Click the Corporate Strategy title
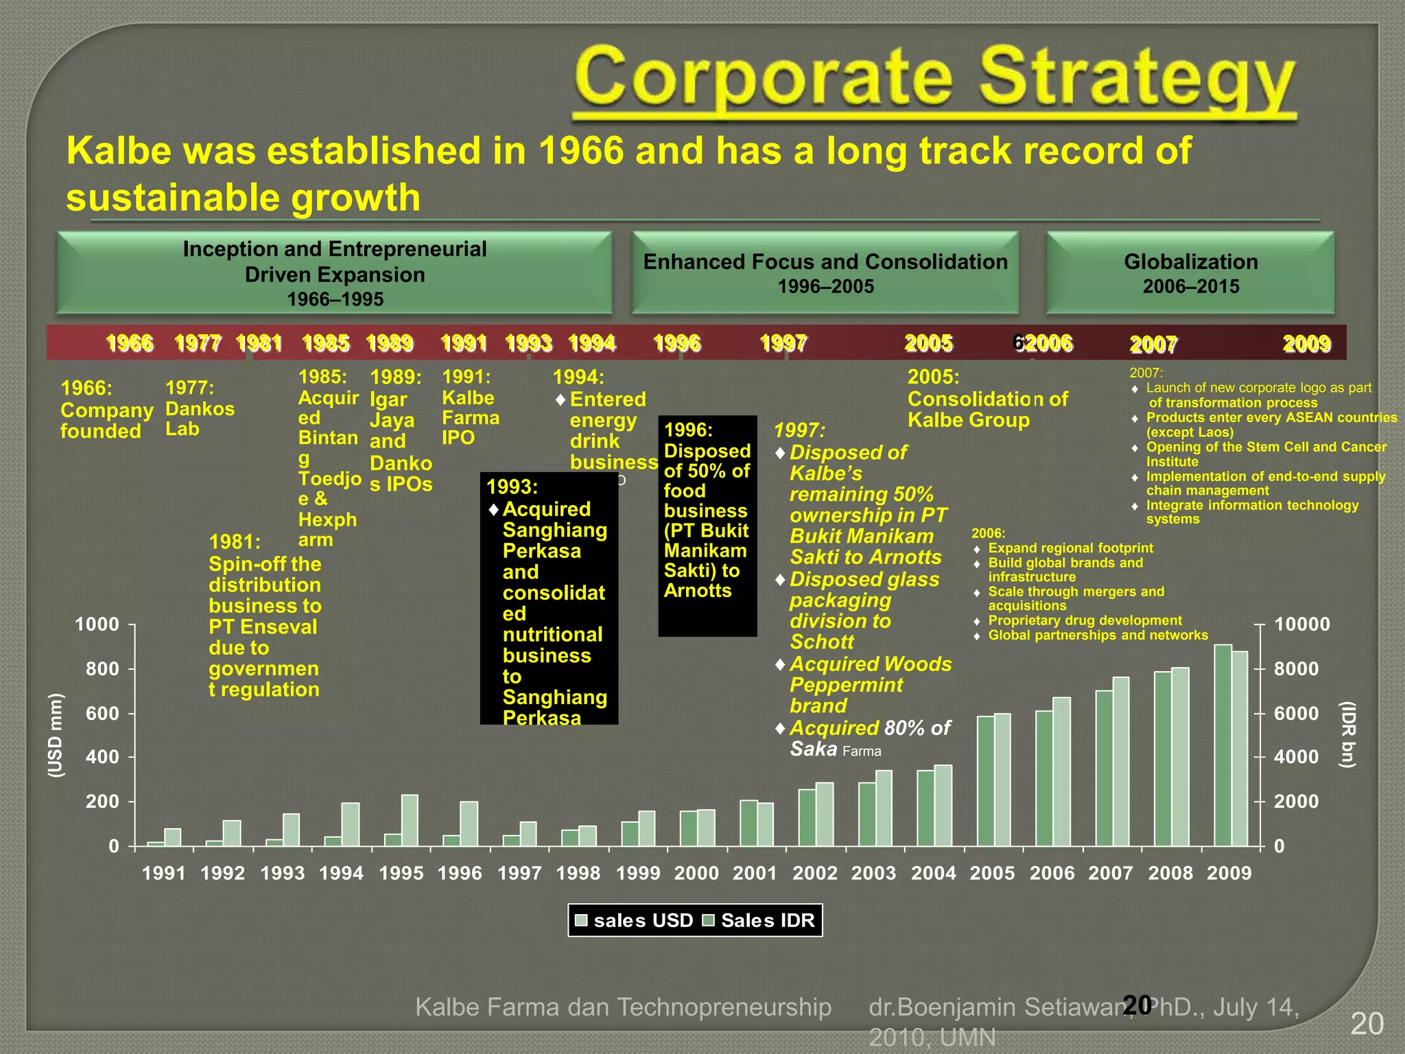(x=934, y=82)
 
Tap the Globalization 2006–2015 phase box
(x=1190, y=272)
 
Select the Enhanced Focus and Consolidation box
(x=825, y=272)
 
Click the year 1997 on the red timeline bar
(x=783, y=342)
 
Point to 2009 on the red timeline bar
(x=1307, y=343)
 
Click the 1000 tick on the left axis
(x=97, y=624)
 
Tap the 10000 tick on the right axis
(x=1301, y=624)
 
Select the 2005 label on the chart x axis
(x=992, y=873)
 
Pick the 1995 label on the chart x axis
(x=401, y=873)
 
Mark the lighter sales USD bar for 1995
(x=410, y=820)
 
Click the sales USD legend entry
(x=634, y=920)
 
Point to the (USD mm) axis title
(x=56, y=735)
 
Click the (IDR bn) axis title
(x=1348, y=735)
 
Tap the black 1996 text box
(x=707, y=525)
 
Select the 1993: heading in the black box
(x=512, y=487)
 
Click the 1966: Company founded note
(x=106, y=410)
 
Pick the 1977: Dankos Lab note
(x=200, y=408)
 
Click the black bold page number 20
(x=1137, y=1005)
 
